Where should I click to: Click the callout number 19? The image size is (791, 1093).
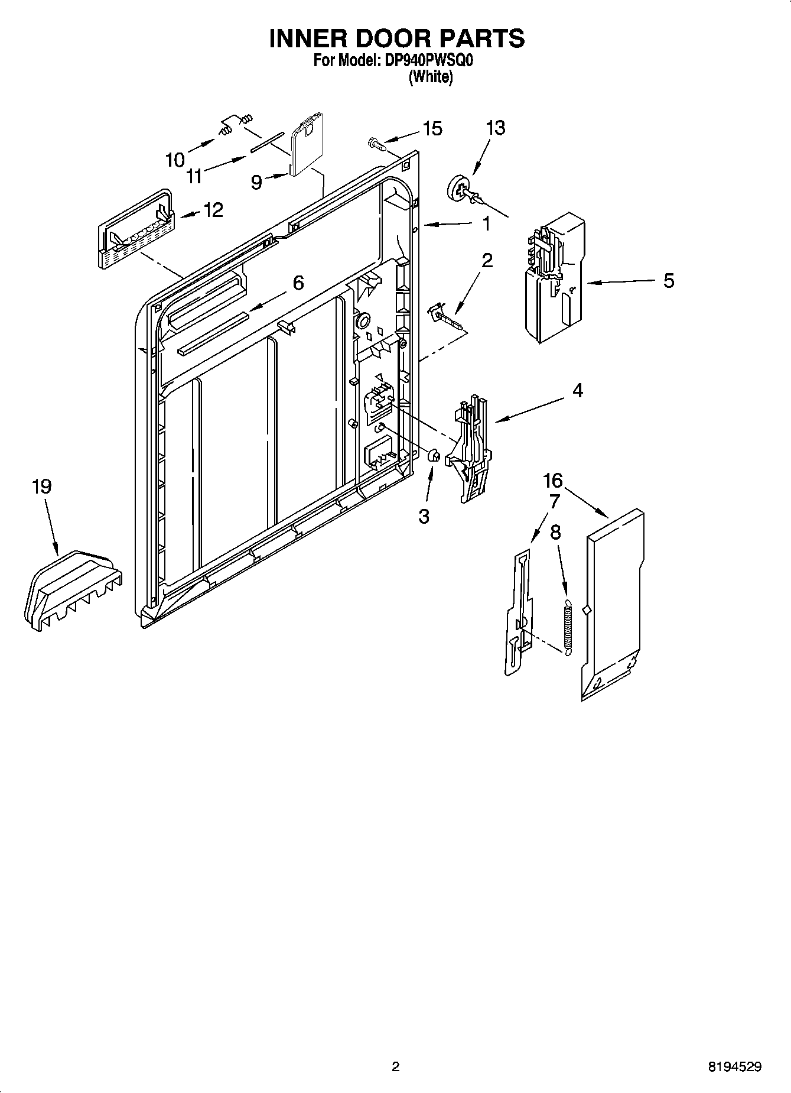pos(41,487)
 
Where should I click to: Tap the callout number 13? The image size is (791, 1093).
pos(496,128)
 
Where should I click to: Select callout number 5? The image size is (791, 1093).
pos(668,280)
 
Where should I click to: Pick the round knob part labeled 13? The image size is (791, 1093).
pos(459,187)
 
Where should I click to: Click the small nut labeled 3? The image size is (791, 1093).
pos(432,456)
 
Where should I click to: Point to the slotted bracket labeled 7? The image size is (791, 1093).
pos(517,612)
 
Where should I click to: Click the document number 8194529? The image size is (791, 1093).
pos(735,1067)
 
